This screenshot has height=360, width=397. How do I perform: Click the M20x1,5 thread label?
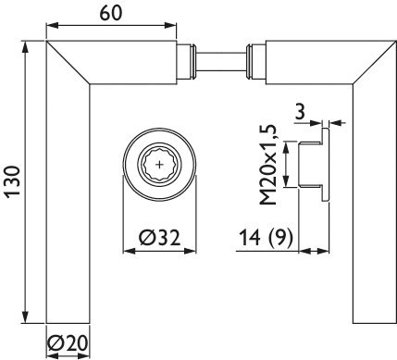click(268, 165)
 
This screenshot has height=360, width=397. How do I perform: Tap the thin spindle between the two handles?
click(221, 62)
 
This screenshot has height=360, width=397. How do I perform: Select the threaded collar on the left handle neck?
click(188, 62)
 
